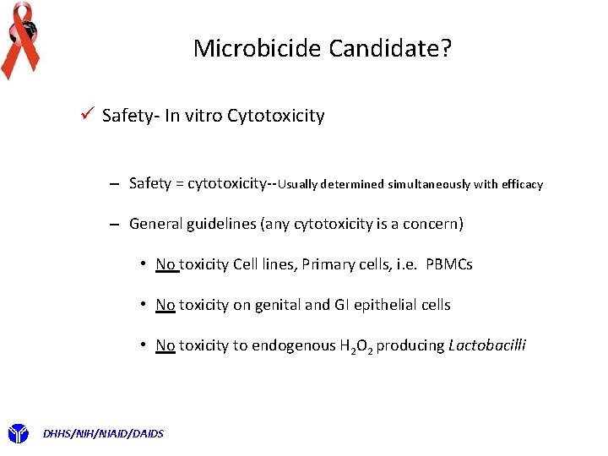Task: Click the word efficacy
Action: [x=522, y=184]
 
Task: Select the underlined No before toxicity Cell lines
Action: [x=166, y=264]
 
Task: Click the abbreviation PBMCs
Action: [x=449, y=264]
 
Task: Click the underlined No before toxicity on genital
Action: [x=166, y=305]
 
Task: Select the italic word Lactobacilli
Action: [x=487, y=345]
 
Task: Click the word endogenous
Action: [x=288, y=345]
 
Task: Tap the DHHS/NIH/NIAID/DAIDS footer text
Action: [x=103, y=433]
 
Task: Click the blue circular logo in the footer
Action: [x=19, y=434]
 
